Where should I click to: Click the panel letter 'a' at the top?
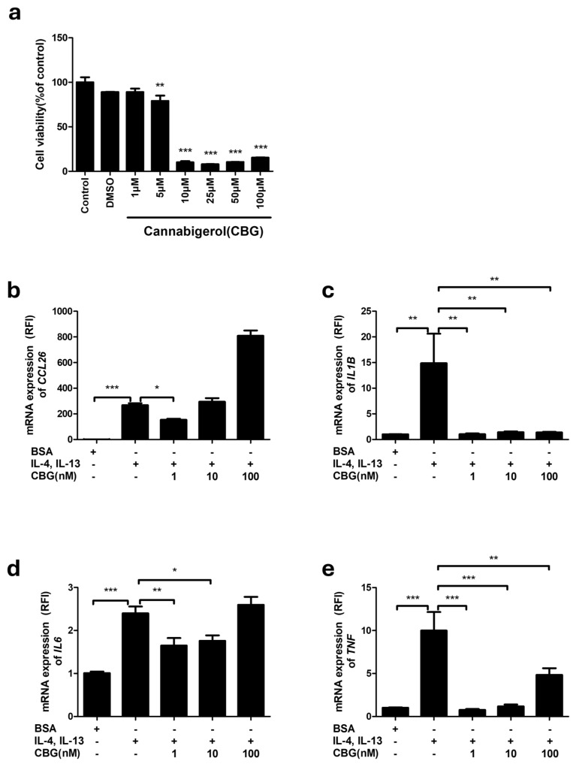pyautogui.click(x=14, y=14)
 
